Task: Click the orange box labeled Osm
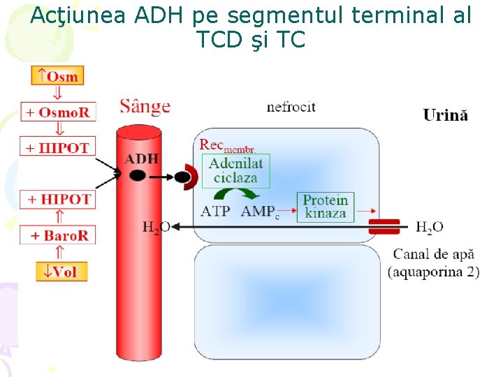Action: tap(57, 75)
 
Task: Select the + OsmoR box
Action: tap(57, 112)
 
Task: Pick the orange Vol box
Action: tap(61, 272)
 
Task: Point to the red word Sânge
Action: tap(145, 107)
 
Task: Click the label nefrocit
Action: tap(291, 107)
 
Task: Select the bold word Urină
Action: tap(445, 116)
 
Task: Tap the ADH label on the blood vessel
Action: tap(142, 158)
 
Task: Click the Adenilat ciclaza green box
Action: tap(235, 170)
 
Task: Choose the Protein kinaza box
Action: tap(326, 206)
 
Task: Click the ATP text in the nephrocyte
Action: tap(216, 211)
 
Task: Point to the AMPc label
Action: tap(260, 212)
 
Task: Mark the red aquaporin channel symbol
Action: tap(384, 226)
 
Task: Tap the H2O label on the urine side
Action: tap(429, 227)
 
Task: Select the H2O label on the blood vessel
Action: tap(156, 227)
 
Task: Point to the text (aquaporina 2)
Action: tap(433, 272)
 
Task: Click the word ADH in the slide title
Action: tap(165, 15)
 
